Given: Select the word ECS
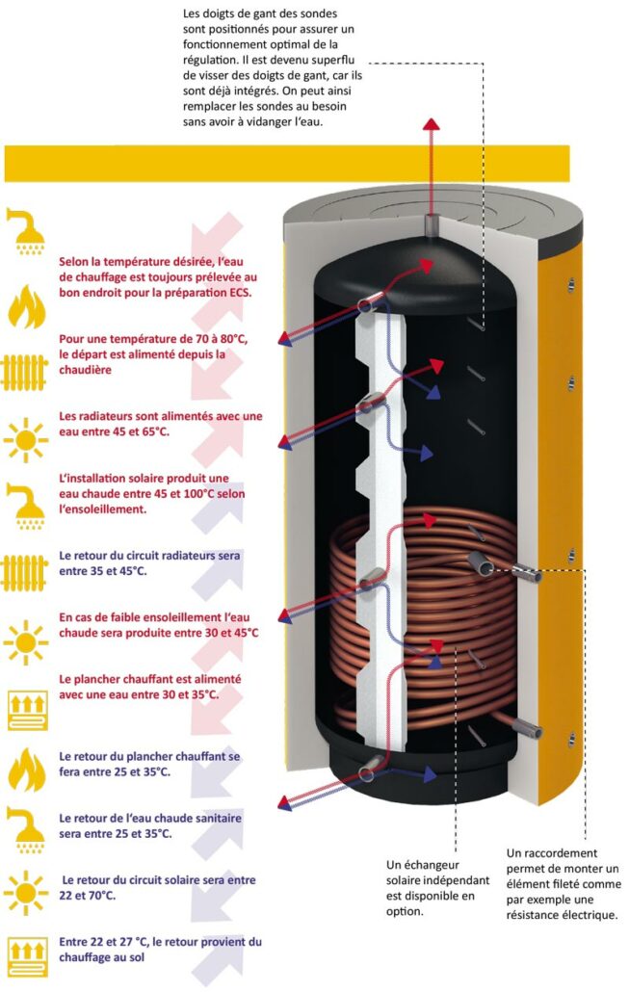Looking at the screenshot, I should coord(237,292).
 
